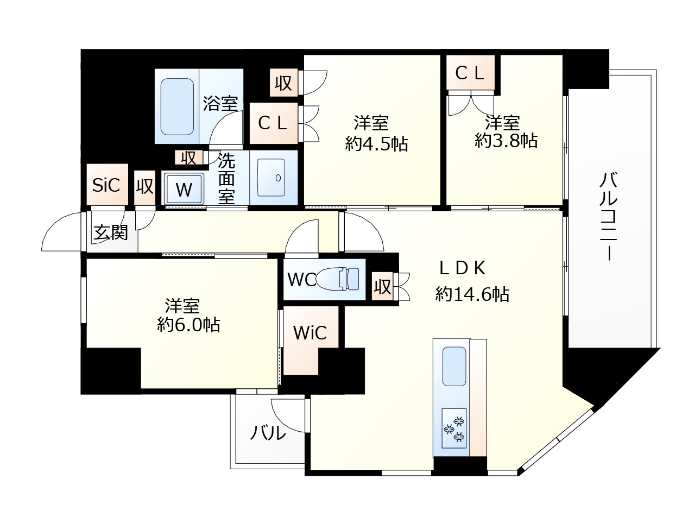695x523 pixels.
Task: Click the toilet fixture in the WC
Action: (x=339, y=279)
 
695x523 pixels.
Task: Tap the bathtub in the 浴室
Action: (x=177, y=107)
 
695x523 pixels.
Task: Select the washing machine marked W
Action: (x=184, y=190)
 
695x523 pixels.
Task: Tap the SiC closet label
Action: (x=106, y=185)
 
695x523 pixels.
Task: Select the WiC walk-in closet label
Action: (x=310, y=333)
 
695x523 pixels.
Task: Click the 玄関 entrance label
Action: (x=111, y=232)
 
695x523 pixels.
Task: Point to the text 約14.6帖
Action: (x=472, y=294)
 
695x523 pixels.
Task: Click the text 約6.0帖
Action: (x=188, y=325)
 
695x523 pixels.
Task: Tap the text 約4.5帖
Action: (x=377, y=144)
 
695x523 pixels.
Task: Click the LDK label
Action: (x=462, y=267)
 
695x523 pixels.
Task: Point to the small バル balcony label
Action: (x=268, y=433)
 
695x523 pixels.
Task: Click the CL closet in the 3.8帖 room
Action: (x=470, y=73)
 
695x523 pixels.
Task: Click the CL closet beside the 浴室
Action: (x=273, y=123)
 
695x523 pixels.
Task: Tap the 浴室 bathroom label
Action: (x=220, y=103)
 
